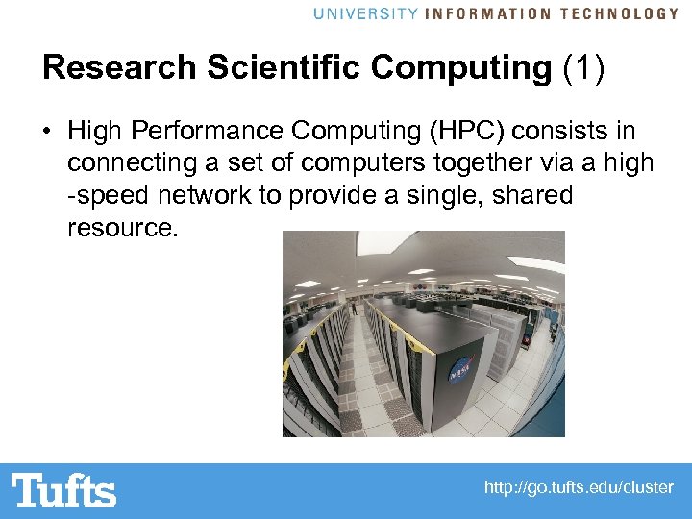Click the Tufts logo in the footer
(63, 490)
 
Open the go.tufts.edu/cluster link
(579, 488)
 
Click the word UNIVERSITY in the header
(365, 13)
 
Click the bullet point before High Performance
(48, 130)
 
